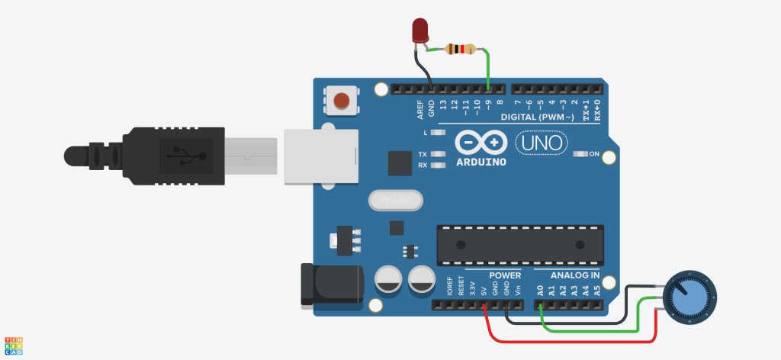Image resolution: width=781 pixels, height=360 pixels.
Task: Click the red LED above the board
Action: coord(419,31)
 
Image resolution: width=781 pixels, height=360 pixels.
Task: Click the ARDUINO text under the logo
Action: coord(482,162)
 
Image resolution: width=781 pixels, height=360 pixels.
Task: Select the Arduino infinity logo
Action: coord(481,143)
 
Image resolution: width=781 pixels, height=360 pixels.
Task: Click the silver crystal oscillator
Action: coord(394,200)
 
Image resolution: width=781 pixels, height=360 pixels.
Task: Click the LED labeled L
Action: coord(438,133)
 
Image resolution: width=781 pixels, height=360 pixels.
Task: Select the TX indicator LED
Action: coord(438,155)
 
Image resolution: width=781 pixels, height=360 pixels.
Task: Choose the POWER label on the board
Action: coord(505,275)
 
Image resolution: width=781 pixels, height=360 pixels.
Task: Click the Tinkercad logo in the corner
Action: coord(14,346)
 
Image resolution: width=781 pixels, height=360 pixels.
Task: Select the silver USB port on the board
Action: coord(320,156)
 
